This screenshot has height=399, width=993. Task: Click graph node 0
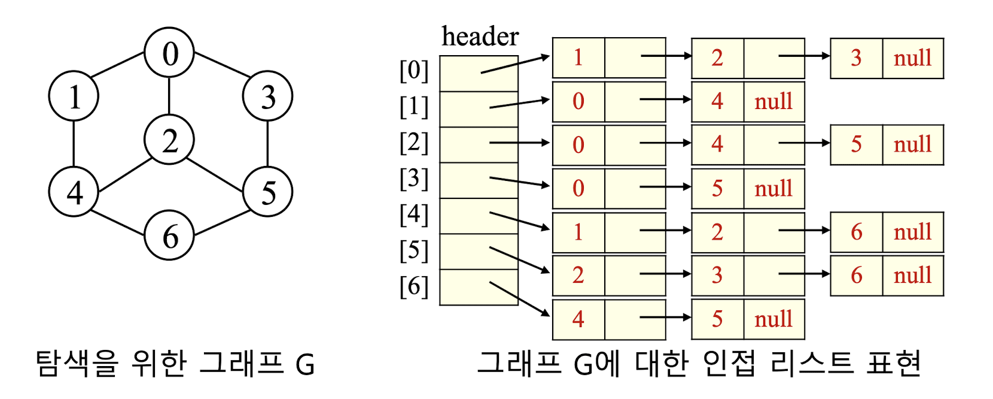pos(170,53)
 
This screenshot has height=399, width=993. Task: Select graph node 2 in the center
pos(170,140)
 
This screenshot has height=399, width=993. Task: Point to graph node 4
pos(74,192)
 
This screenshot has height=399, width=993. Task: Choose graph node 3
pos(267,96)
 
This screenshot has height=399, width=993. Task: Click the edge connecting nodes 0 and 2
pos(169,96)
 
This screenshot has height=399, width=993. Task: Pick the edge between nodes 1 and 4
pos(74,144)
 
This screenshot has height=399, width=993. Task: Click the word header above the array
pos(480,37)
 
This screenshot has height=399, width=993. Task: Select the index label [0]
pos(414,71)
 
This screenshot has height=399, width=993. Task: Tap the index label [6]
pos(414,286)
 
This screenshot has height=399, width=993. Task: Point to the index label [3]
pos(414,179)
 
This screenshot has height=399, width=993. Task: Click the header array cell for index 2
pos(479,144)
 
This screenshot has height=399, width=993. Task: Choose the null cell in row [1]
pos(773,102)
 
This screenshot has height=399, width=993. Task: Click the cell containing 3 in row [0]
pos(856,58)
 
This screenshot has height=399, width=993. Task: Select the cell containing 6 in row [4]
pos(856,232)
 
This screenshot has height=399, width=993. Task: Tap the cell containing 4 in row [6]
pos(578,319)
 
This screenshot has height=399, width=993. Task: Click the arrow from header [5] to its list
pos(519,260)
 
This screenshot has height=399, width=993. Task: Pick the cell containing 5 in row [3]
pos(717,189)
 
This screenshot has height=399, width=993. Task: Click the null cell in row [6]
pos(773,319)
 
